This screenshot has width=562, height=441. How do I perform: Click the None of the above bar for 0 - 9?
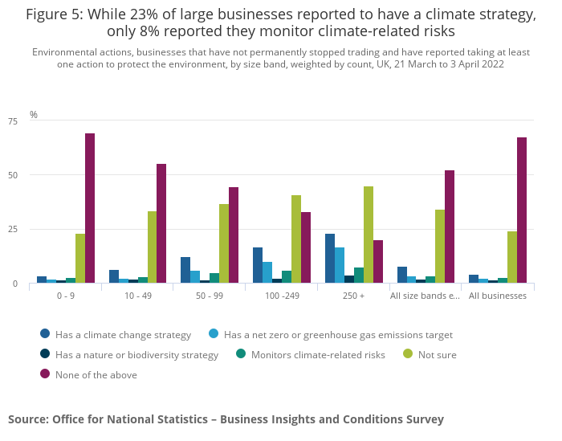tap(90, 208)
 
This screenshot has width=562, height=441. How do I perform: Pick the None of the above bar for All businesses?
tap(522, 210)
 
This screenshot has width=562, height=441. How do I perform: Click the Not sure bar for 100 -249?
tap(296, 239)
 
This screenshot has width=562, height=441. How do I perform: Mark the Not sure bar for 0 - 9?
tap(80, 258)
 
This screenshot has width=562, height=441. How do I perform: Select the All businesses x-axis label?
tap(498, 296)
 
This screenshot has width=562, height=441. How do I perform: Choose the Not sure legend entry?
tap(437, 354)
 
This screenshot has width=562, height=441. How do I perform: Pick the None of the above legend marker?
tap(45, 374)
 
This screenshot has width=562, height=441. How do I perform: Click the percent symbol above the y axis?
tap(34, 115)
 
